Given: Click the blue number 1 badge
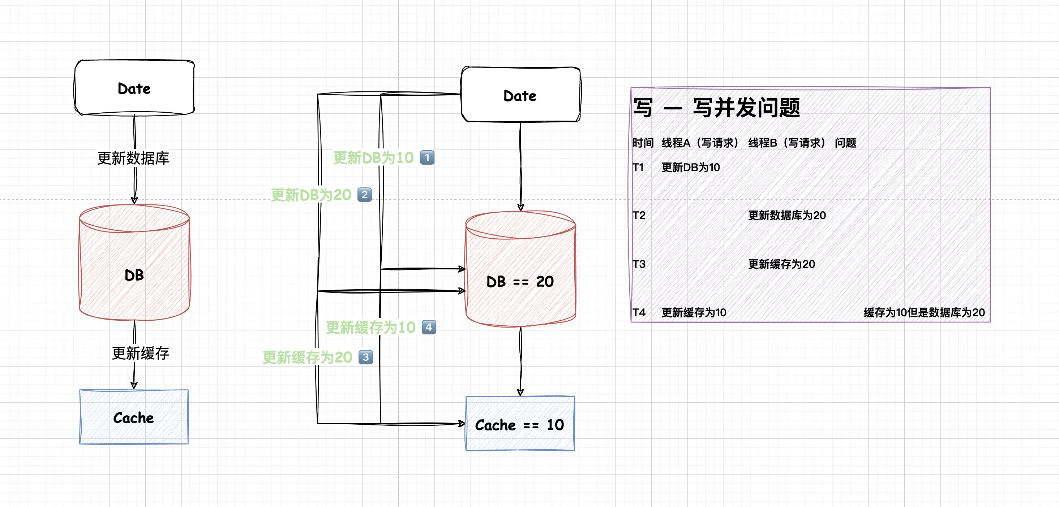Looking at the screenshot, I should coord(427,157).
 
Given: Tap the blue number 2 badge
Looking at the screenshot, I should coord(365,194).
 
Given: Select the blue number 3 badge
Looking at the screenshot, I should coord(365,357).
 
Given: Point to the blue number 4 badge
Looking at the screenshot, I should coord(429,327).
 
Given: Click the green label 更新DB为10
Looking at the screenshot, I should coord(373,158).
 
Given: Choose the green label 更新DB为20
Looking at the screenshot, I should coord(311,195).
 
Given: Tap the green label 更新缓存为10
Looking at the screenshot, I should coord(370,328).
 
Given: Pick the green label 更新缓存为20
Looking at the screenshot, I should coord(308,357).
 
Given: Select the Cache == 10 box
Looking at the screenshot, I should coord(520,424).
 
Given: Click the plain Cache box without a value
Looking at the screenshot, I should coord(134,417).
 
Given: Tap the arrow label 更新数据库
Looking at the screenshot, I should coord(133,158).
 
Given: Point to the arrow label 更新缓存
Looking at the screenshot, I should coord(140,353).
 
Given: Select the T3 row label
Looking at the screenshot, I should coord(639,264).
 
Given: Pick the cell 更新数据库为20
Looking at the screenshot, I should coord(787,215).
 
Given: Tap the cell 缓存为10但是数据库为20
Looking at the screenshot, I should coord(924,313).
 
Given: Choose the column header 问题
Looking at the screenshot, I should coord(845,143).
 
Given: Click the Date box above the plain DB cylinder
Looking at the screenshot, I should coord(134,87).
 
